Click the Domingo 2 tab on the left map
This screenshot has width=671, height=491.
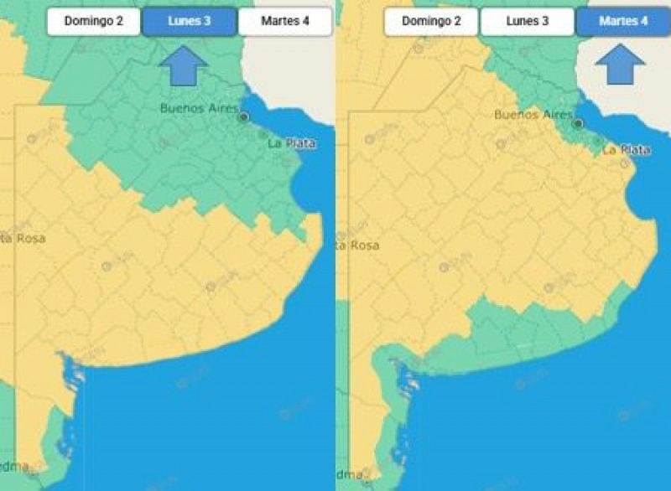pyautogui.click(x=94, y=21)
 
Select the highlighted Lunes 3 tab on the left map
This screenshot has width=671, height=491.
pyautogui.click(x=190, y=21)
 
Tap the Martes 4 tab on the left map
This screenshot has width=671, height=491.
pyautogui.click(x=285, y=21)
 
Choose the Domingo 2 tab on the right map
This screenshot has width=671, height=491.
pyautogui.click(x=431, y=21)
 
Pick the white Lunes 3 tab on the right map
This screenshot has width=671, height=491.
pyautogui.click(x=528, y=21)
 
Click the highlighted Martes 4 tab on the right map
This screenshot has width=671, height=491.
pyautogui.click(x=623, y=21)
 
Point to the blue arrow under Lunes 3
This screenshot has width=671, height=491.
pyautogui.click(x=182, y=66)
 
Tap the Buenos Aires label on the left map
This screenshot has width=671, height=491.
pyautogui.click(x=200, y=107)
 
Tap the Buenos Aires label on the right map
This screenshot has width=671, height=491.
pyautogui.click(x=534, y=114)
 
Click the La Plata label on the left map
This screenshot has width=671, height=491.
pyautogui.click(x=292, y=143)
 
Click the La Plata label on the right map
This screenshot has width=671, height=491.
pyautogui.click(x=627, y=149)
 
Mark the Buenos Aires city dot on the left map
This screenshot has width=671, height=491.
pyautogui.click(x=244, y=117)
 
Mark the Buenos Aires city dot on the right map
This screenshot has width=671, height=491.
pyautogui.click(x=578, y=124)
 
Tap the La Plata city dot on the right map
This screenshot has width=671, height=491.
pyautogui.click(x=597, y=142)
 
